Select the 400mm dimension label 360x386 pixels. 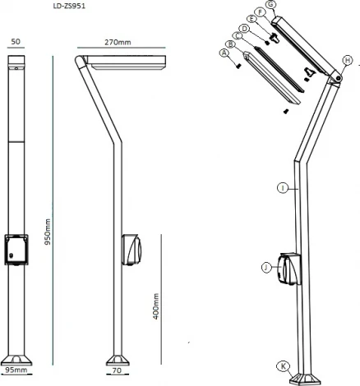tap(155, 306)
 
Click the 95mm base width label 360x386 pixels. tap(16, 371)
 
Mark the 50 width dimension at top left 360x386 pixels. tap(16, 41)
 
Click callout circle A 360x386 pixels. tap(224, 53)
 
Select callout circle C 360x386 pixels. tap(238, 36)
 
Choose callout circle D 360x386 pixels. tap(245, 28)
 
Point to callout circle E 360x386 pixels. tap(252, 20)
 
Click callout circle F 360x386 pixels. tap(261, 12)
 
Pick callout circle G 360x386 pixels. tap(272, 5)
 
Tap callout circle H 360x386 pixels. tap(347, 60)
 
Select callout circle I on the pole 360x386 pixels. tap(282, 188)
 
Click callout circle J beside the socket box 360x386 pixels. tap(266, 267)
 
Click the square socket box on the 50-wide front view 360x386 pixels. tap(17, 250)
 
